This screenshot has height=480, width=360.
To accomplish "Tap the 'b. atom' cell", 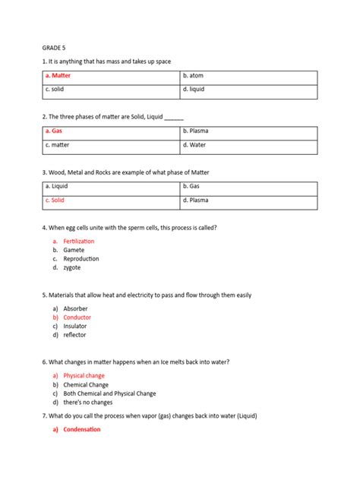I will click(x=248, y=77).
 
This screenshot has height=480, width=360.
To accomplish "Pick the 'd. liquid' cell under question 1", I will click(x=248, y=90).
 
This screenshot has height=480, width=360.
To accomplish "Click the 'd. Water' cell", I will click(x=248, y=145).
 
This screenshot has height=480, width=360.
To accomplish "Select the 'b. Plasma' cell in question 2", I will click(x=248, y=131).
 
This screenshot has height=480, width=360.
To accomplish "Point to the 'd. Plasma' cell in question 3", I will click(x=248, y=201).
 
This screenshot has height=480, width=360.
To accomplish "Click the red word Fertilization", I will click(x=79, y=242).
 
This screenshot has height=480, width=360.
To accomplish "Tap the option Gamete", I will click(x=74, y=250).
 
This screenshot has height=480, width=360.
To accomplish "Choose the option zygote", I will click(x=72, y=267).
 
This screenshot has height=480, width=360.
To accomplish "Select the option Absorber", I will click(x=75, y=308).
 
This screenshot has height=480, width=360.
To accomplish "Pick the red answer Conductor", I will click(x=77, y=317).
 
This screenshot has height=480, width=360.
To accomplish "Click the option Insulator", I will click(x=75, y=326).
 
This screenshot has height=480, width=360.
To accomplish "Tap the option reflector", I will click(x=74, y=335).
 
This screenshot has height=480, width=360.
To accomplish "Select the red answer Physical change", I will click(x=84, y=376).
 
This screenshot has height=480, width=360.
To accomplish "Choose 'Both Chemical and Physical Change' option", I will click(x=109, y=393).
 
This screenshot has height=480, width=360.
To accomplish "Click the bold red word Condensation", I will click(x=82, y=430).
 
